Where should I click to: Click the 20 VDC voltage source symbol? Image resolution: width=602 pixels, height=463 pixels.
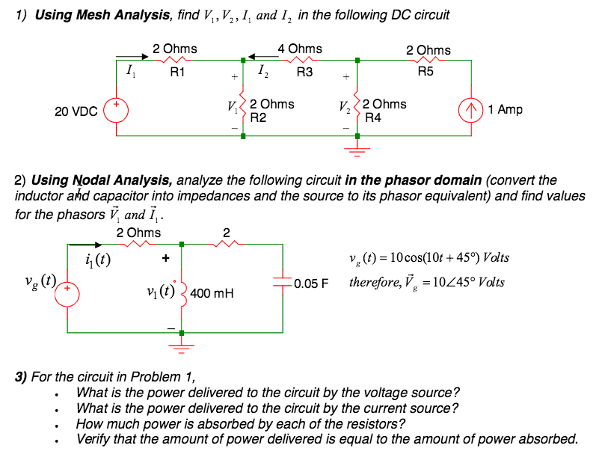(117, 109)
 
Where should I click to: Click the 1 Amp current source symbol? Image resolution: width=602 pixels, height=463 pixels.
(471, 110)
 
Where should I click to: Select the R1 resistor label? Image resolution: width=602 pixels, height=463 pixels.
(178, 73)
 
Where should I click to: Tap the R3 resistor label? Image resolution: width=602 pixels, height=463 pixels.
(304, 73)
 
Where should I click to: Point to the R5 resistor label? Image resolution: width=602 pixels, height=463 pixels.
(425, 73)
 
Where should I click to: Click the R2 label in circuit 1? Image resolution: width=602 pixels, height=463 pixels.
(258, 117)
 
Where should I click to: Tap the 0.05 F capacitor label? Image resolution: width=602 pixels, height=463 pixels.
(311, 284)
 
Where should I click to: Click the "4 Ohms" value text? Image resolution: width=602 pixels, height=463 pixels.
(300, 49)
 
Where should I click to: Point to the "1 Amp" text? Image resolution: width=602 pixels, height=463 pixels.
(505, 110)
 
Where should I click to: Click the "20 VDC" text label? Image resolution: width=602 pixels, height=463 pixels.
(76, 111)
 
